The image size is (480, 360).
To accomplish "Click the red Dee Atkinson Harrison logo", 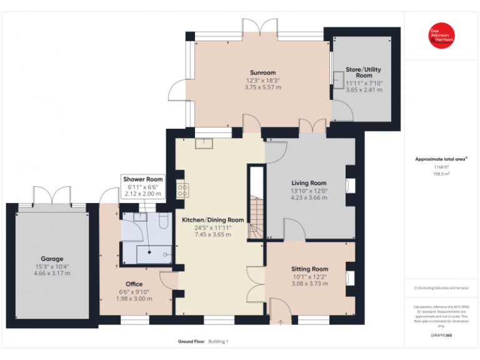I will click(441, 36).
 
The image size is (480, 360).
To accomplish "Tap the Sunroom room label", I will click(262, 72).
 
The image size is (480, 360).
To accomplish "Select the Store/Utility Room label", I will click(364, 72).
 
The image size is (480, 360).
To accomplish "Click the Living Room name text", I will click(309, 183).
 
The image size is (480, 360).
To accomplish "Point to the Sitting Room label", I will click(310, 269).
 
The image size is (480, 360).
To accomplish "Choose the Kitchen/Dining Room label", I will click(212, 220).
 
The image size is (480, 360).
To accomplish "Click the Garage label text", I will click(52, 259).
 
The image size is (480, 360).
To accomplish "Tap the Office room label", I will click(134, 284).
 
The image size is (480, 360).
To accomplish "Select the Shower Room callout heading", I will click(143, 179).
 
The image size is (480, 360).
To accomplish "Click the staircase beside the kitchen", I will click(255, 212).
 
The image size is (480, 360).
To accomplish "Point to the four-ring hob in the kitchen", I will click(182, 189).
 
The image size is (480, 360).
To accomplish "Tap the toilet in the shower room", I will click(164, 221).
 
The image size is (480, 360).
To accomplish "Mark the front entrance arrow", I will click(281, 322).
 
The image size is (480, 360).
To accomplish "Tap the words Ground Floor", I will click(191, 341).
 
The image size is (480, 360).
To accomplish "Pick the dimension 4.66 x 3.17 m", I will click(52, 273).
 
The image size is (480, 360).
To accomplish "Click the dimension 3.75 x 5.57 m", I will click(262, 87).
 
